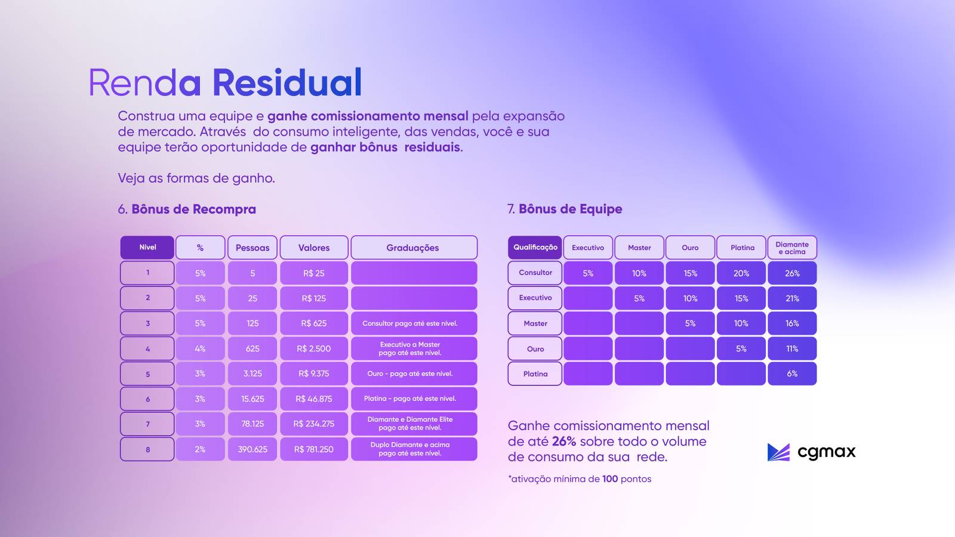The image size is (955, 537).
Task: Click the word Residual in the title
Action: click(x=287, y=82)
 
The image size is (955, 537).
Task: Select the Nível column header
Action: click(x=147, y=248)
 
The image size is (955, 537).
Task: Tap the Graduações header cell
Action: click(x=414, y=248)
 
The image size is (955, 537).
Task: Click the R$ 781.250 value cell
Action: click(x=314, y=449)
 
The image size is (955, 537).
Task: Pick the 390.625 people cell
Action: click(x=252, y=449)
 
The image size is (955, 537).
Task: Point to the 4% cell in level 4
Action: click(x=200, y=348)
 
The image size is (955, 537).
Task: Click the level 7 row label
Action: click(x=147, y=424)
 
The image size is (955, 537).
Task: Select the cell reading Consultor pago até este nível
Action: click(x=414, y=323)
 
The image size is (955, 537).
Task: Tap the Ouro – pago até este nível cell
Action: click(x=414, y=374)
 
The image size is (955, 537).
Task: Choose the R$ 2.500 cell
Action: click(x=314, y=348)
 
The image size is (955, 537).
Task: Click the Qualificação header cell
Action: click(x=535, y=248)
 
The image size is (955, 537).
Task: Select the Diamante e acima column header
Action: click(x=792, y=248)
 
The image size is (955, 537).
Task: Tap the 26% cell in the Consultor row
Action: click(x=792, y=273)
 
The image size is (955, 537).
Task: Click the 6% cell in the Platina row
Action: click(x=792, y=374)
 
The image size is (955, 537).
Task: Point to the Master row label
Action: click(x=535, y=323)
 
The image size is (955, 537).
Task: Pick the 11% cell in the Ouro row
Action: click(x=792, y=348)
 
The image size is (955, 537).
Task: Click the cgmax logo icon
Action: click(x=778, y=452)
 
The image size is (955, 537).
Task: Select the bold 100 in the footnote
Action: click(x=609, y=479)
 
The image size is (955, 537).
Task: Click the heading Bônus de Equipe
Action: click(x=571, y=209)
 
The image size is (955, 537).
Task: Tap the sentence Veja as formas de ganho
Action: click(x=196, y=178)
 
